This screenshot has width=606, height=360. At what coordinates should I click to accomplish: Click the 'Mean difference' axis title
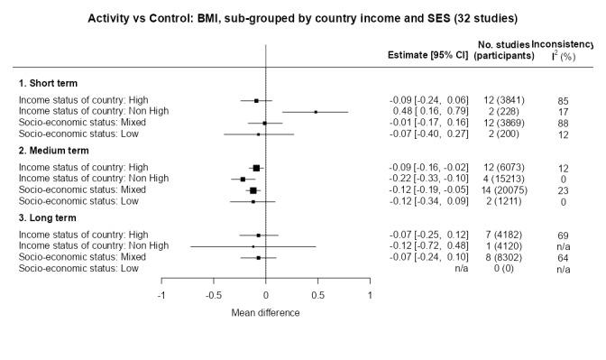(265, 313)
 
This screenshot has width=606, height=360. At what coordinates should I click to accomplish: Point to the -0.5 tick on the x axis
(214, 295)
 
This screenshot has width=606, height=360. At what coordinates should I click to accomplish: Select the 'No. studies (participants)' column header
(499, 49)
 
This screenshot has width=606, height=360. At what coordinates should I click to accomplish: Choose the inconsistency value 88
(563, 123)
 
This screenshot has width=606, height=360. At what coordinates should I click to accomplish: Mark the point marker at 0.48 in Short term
(316, 112)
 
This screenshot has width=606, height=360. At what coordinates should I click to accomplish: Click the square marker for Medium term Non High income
(243, 179)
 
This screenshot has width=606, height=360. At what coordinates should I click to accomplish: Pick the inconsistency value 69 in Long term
(563, 235)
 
